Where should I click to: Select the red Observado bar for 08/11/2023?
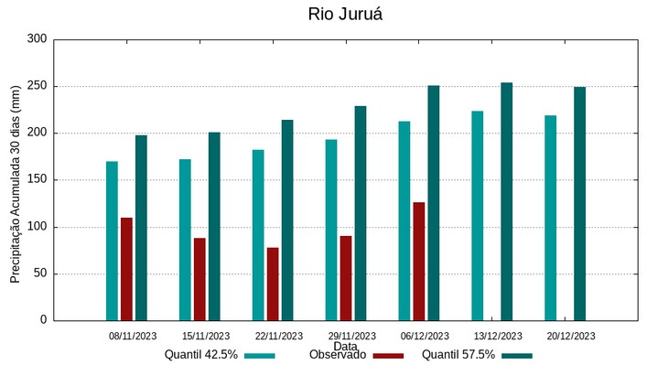pos(126,269)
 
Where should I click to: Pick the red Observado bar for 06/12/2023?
pos(419,262)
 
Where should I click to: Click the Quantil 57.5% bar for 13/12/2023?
pos(506,201)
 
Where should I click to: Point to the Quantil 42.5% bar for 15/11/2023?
pos(185,240)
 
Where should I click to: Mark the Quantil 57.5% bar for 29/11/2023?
pos(361,213)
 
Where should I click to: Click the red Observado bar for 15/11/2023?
pos(200,279)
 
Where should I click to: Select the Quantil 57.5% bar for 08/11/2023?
pos(141,228)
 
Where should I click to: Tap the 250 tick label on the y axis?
pos(37,86)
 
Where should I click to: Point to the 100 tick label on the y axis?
pos(37,227)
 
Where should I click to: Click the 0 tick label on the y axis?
pos(42,320)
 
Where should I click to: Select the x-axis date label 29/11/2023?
pos(351,336)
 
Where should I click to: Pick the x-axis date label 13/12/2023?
pos(498,336)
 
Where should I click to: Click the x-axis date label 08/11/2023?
pos(133,336)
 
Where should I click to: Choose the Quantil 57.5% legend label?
pos(458,355)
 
